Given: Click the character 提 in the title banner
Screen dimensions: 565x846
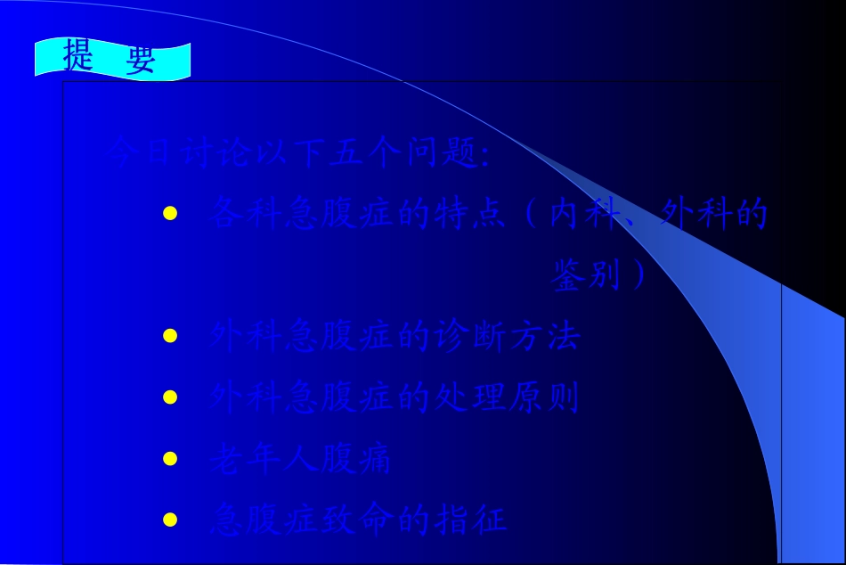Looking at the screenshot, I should (x=78, y=56).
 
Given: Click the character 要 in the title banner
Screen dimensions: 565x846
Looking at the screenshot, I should (x=141, y=58).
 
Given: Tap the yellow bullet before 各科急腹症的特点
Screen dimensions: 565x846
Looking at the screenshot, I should (x=170, y=214).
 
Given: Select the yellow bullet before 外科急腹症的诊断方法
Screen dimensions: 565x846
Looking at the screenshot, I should (x=170, y=337).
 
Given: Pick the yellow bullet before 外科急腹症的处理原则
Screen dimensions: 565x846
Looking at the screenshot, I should (x=170, y=397).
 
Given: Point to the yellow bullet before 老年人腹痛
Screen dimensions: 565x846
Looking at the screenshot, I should (x=170, y=459).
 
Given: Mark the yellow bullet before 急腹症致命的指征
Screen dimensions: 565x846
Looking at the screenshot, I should (x=170, y=520).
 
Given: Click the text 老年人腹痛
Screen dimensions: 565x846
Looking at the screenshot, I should (x=299, y=460).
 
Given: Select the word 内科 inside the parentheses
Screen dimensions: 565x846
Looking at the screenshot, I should (x=582, y=215).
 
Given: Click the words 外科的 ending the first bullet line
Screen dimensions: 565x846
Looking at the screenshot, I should (x=712, y=215).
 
